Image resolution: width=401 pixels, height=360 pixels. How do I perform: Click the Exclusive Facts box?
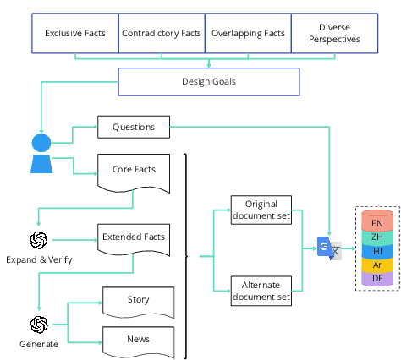coord(75,35)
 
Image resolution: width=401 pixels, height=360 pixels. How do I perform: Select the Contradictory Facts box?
coord(161,35)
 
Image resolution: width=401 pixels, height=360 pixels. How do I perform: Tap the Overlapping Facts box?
coord(247,35)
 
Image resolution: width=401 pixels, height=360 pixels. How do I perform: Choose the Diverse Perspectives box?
coord(333,35)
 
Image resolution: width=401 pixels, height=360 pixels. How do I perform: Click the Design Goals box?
coord(208,82)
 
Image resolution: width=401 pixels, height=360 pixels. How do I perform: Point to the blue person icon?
coord(41,153)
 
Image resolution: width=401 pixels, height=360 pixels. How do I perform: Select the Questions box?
coord(134,128)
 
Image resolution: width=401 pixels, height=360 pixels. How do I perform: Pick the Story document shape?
coord(138,301)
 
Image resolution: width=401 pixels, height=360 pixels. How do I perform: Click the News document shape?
coord(138,340)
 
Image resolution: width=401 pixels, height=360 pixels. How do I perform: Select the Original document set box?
coord(261,210)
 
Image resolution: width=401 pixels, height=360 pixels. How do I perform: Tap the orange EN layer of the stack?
coord(376,223)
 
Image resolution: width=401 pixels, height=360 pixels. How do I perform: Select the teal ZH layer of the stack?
coord(376,237)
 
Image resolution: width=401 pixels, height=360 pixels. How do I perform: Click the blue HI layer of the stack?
coord(376,251)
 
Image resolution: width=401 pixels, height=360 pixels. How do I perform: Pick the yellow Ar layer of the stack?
coord(376,265)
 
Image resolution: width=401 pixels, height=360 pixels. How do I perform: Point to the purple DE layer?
coord(376,278)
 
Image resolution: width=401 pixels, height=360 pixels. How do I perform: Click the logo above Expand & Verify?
coord(38,240)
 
